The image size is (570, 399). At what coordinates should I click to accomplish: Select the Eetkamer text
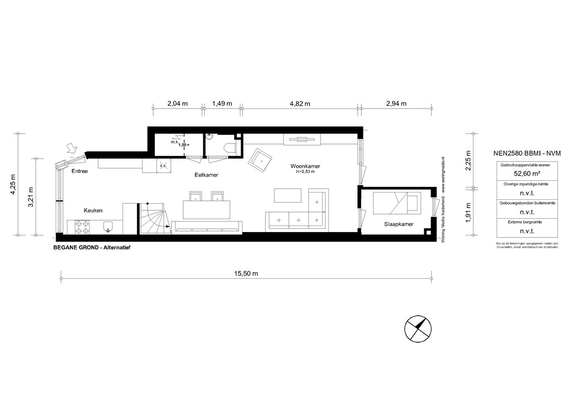click(x=206, y=175)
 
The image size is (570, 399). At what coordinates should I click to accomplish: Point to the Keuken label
click(x=93, y=210)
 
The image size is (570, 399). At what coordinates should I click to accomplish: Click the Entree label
click(x=80, y=171)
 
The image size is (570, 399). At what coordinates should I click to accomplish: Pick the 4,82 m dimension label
click(x=299, y=104)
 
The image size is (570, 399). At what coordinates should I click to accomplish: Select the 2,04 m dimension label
click(x=178, y=104)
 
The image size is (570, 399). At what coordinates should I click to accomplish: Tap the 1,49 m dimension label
click(x=222, y=104)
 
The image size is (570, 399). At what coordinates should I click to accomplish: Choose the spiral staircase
click(x=152, y=219)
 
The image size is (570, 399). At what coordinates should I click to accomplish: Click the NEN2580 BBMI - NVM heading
click(x=526, y=152)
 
